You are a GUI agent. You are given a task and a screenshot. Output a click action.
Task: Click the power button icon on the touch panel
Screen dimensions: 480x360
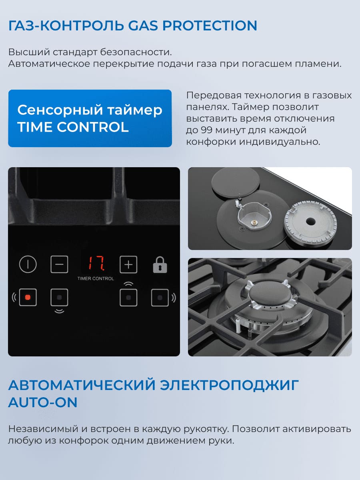click(x=28, y=264)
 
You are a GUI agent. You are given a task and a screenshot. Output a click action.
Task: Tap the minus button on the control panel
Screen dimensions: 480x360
click(x=59, y=264)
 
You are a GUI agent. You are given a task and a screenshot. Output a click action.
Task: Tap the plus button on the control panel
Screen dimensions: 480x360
click(x=128, y=264)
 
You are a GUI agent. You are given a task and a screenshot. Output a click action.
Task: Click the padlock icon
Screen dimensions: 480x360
click(x=160, y=265)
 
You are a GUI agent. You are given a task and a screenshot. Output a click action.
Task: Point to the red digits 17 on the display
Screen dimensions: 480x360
click(x=97, y=263)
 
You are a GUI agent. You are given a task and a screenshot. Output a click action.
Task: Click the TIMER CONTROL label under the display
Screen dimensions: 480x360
click(x=96, y=278)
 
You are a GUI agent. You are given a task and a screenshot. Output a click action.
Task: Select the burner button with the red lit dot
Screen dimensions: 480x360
click(x=28, y=298)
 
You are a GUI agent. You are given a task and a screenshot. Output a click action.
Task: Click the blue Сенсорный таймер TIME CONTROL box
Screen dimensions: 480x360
click(x=90, y=118)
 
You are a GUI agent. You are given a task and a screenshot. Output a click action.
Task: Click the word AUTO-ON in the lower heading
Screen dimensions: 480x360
click(x=43, y=402)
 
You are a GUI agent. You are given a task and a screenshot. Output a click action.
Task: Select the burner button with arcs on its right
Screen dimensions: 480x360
click(x=160, y=298)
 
